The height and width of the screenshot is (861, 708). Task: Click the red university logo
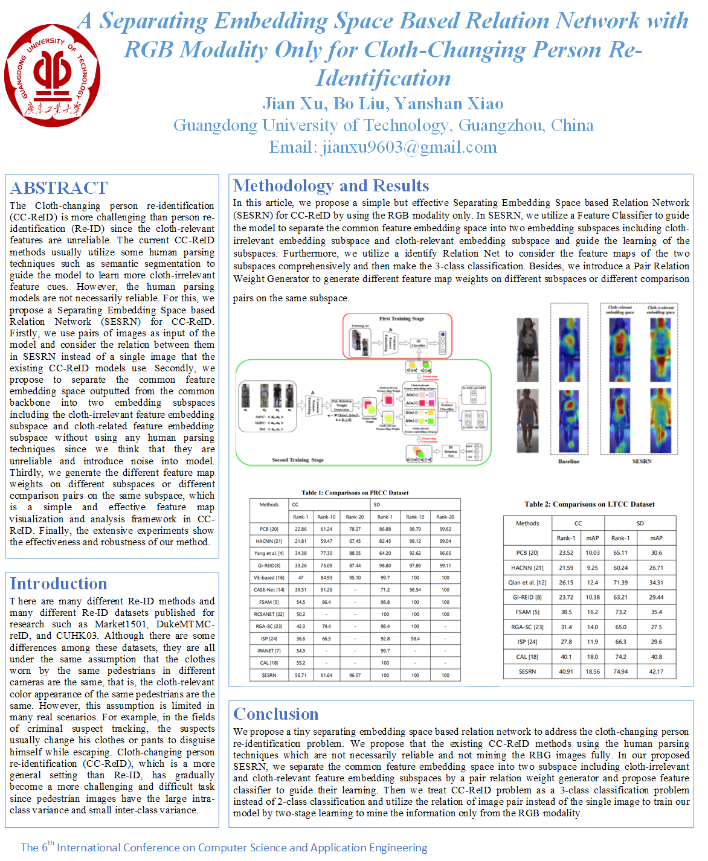click(52, 75)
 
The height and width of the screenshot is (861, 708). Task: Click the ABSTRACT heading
click(59, 188)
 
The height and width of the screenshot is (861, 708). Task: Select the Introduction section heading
click(59, 584)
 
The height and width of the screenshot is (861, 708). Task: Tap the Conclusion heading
click(276, 714)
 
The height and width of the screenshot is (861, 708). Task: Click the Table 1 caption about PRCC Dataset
click(355, 493)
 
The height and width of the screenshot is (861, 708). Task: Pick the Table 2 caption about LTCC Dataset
click(590, 504)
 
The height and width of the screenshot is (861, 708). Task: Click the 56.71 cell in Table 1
click(300, 675)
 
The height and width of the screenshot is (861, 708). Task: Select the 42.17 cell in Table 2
click(656, 671)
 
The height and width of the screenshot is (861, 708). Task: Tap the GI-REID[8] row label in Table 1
click(269, 566)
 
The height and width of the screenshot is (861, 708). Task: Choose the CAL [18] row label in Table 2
click(527, 657)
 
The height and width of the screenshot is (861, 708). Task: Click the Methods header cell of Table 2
click(527, 523)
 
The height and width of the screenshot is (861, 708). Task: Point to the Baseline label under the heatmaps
click(568, 461)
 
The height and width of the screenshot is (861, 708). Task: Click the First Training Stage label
click(402, 319)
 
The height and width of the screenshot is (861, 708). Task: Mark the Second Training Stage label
click(298, 460)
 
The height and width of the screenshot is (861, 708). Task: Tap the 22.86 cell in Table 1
click(300, 529)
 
